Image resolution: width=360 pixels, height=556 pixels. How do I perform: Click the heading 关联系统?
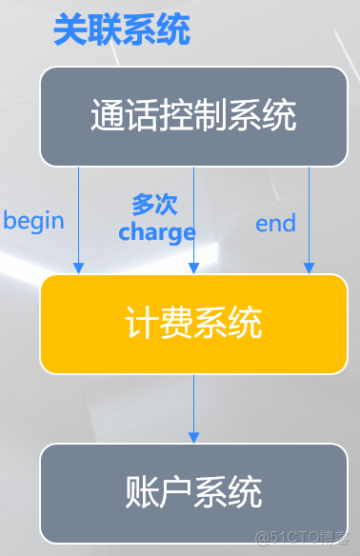121,30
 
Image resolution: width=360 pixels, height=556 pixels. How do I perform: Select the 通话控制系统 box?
193,115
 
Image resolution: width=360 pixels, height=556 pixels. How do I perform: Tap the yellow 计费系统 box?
193,324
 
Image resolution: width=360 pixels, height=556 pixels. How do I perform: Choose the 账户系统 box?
193,492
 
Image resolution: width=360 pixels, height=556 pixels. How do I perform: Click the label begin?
34,222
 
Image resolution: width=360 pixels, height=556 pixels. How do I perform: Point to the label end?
275,224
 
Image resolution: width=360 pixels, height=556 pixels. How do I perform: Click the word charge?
157,231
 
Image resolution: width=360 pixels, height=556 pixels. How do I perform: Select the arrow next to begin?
78,219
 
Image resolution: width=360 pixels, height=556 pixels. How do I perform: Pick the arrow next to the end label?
309,219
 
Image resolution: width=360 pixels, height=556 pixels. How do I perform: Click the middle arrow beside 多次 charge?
194,219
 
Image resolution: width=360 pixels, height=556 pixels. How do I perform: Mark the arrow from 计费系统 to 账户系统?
194,407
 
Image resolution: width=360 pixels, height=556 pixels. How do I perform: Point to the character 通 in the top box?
107,115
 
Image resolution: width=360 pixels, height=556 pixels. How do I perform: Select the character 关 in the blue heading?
70,30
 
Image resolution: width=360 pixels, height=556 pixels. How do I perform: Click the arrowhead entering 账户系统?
194,437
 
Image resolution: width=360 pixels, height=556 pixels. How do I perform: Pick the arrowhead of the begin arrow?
78,268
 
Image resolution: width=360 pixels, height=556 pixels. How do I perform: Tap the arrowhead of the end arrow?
309,268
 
